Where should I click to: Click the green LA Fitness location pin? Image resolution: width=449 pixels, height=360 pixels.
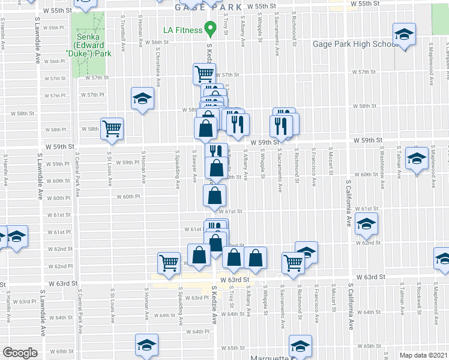click(x=210, y=28)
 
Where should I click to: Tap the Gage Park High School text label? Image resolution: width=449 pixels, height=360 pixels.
click(x=354, y=44)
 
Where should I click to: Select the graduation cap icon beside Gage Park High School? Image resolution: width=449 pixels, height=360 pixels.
click(x=404, y=34)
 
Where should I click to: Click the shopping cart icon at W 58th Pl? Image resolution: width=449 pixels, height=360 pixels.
click(x=112, y=128)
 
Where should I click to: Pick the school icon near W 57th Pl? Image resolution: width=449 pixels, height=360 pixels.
click(x=143, y=98)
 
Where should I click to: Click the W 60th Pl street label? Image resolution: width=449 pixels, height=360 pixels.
click(x=127, y=196)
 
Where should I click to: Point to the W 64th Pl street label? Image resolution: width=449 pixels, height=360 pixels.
click(x=199, y=331)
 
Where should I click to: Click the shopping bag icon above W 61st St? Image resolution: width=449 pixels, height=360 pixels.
click(x=215, y=195)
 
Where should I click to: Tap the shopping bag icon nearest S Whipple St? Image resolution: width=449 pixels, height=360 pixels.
click(x=255, y=258)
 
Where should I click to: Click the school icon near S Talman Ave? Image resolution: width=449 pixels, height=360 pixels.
click(x=416, y=158)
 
